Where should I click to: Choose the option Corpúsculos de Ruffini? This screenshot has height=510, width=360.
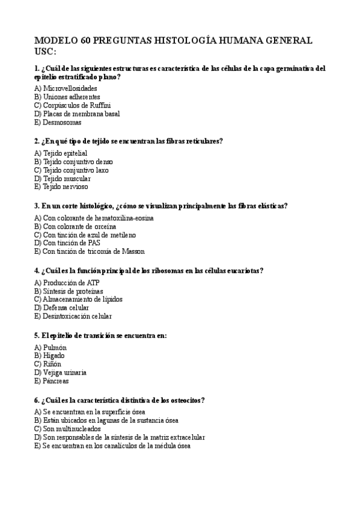(73, 105)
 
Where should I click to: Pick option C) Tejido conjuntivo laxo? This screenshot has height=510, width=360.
(72, 170)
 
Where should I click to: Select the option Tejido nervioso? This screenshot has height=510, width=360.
(62, 187)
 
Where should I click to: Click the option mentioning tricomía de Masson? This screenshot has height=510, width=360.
(90, 251)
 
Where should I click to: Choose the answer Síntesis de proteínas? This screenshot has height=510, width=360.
(69, 290)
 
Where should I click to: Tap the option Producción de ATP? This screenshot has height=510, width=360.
(66, 282)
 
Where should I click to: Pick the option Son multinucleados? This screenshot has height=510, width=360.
(67, 429)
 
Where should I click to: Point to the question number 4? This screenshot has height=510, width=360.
(37, 271)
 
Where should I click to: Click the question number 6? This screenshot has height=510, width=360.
(37, 400)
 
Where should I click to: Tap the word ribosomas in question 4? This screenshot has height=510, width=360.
(166, 271)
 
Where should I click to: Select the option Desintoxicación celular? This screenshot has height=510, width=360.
(73, 316)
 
